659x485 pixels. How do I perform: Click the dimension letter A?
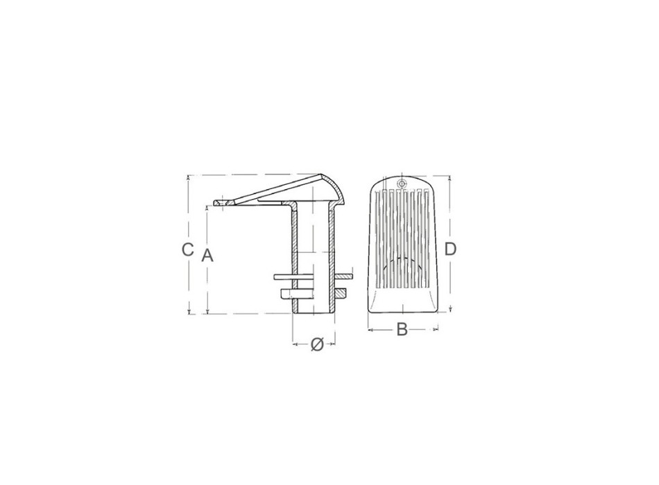pos(207,255)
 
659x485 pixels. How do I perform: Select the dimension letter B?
pos(402,329)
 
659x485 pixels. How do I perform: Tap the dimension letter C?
pos(187,250)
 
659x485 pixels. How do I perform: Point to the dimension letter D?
pos(450,249)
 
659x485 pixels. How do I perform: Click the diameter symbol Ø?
pos(317,344)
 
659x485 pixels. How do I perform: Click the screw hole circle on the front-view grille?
pos(402,184)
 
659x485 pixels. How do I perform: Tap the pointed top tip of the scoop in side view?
pos(322,175)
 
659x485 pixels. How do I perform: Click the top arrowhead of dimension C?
pos(189,177)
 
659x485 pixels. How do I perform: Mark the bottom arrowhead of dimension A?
pos(207,310)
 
